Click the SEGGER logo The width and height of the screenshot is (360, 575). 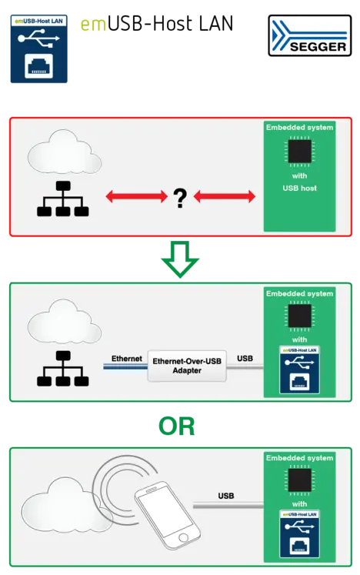tap(308, 38)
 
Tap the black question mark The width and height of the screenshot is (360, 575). tap(181, 199)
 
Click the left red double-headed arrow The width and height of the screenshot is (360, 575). tap(136, 198)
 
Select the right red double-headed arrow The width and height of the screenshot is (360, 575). tap(225, 198)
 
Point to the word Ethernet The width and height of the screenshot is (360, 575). tap(126, 359)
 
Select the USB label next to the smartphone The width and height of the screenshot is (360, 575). tap(226, 496)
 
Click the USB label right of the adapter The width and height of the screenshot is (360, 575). tap(245, 359)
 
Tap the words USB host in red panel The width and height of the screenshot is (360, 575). tap(299, 188)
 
